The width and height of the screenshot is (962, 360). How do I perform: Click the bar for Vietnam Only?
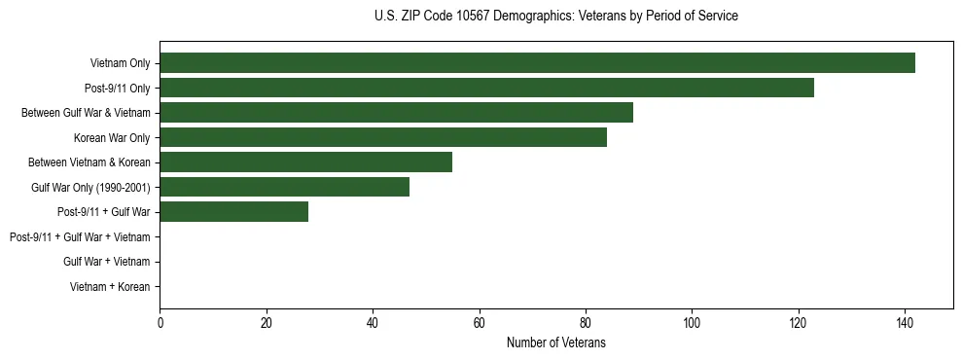pos(537,63)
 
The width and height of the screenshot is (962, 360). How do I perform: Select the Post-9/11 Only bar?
pos(486,88)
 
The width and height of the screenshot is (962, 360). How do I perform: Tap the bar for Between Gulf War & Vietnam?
pos(396,113)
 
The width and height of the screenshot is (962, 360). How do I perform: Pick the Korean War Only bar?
pos(383,137)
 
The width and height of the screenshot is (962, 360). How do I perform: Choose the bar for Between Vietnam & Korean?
pos(305,162)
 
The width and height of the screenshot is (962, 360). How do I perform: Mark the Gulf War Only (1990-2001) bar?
pos(284,187)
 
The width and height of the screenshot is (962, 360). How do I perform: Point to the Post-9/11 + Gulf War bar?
pos(233,212)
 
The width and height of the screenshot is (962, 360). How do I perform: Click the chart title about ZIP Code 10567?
pos(555,17)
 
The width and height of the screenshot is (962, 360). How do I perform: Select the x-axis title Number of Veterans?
pos(555,342)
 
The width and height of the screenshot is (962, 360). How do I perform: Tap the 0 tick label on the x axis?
pos(160,323)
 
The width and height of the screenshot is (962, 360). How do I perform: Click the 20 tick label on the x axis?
pos(266,323)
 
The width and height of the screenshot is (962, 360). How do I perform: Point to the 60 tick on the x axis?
pos(479,323)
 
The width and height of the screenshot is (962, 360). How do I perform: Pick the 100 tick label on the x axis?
pos(692,323)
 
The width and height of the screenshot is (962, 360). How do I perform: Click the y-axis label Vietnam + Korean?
pos(110,286)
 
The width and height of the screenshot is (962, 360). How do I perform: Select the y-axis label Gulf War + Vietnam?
pos(106,262)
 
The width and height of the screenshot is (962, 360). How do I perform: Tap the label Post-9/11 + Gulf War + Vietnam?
pos(80,236)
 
